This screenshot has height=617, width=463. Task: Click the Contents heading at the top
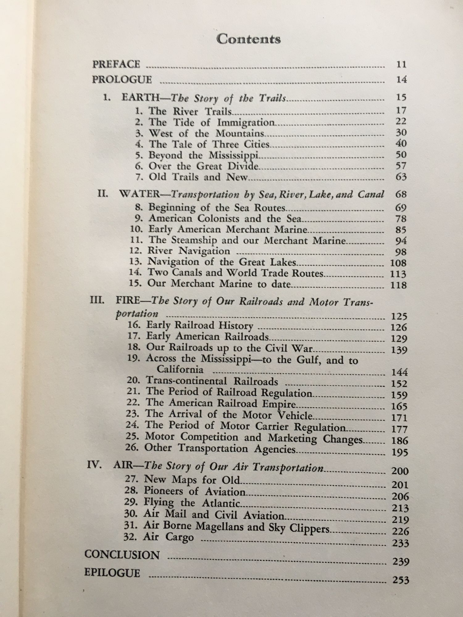pyautogui.click(x=248, y=39)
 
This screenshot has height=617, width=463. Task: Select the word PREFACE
pyautogui.click(x=116, y=64)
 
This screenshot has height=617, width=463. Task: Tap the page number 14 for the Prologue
pyautogui.click(x=401, y=80)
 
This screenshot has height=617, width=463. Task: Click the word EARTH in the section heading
pyautogui.click(x=140, y=98)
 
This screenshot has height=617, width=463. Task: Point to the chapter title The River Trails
pyautogui.click(x=190, y=111)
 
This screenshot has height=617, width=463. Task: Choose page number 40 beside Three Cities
pyautogui.click(x=401, y=143)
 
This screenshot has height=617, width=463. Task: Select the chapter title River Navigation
pyautogui.click(x=189, y=251)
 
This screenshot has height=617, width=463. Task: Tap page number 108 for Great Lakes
pyautogui.click(x=399, y=263)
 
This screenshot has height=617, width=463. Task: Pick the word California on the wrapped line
pyautogui.click(x=180, y=369)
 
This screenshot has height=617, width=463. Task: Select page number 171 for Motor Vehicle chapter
pyautogui.click(x=399, y=418)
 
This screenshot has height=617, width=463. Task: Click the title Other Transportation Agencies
pyautogui.click(x=220, y=449)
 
